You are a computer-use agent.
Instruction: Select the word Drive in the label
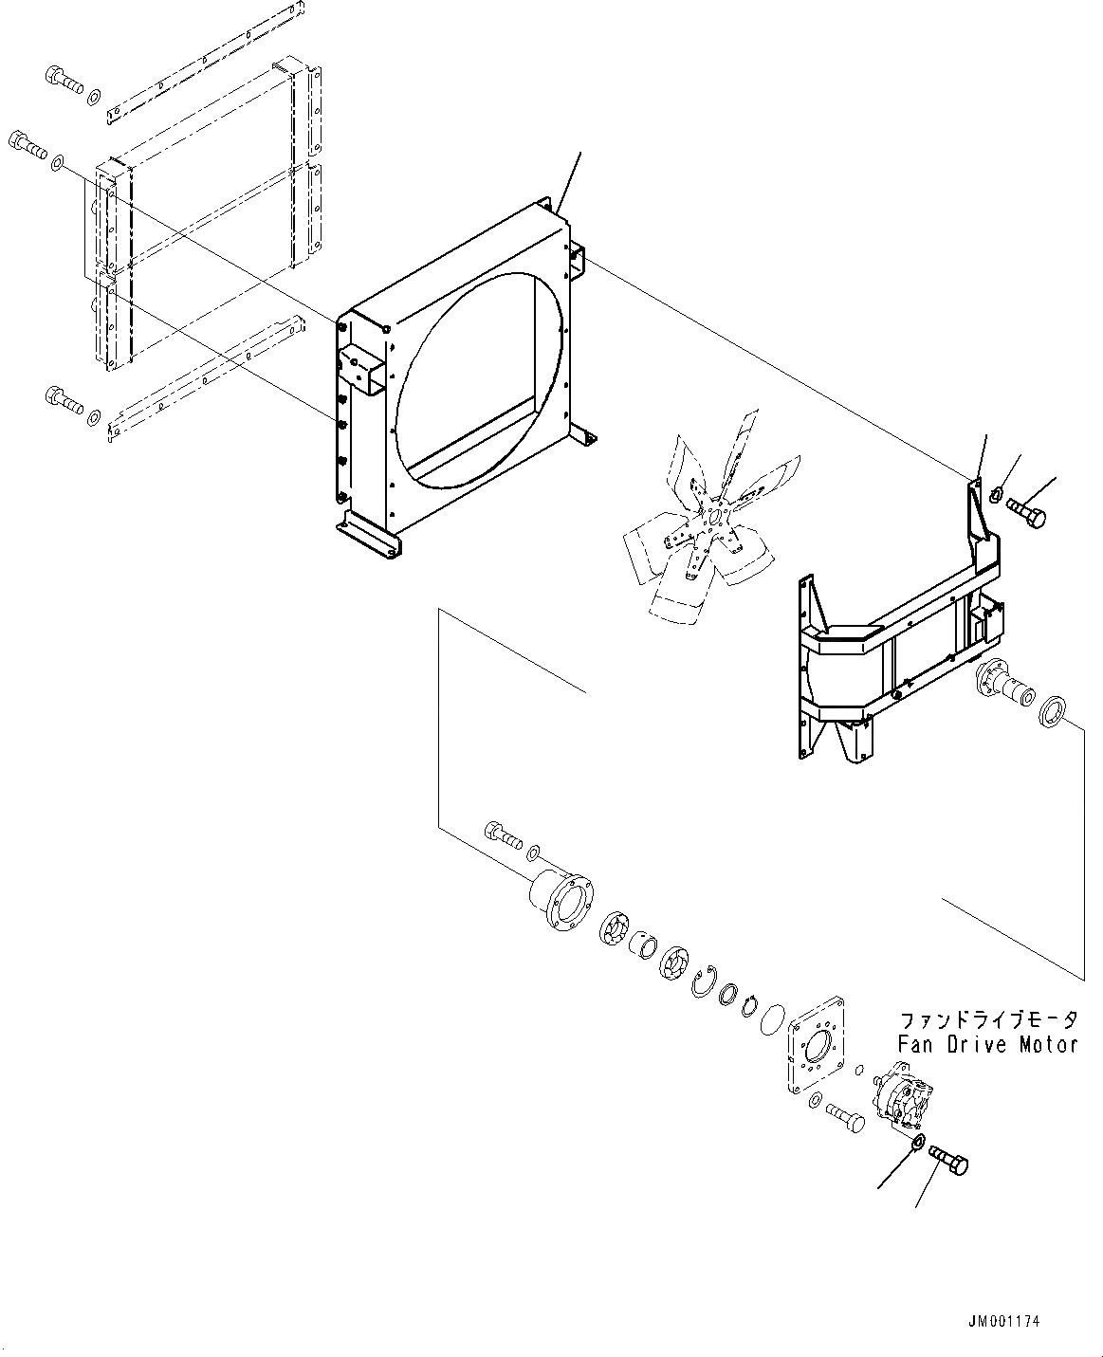[x=977, y=1045]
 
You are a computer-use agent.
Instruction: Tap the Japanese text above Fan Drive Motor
[x=988, y=1021]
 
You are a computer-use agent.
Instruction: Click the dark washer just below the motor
[x=917, y=1143]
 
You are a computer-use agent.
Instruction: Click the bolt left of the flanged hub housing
[x=503, y=834]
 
